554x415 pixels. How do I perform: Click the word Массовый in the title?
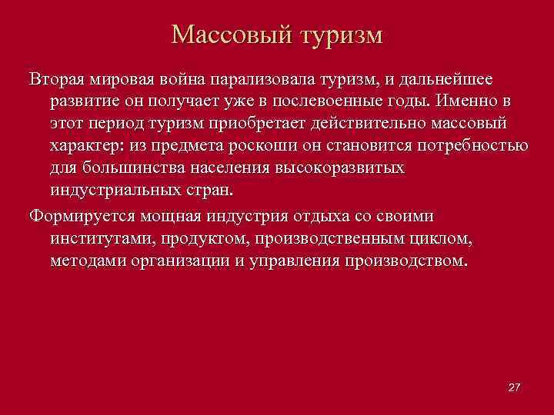pos(224,35)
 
